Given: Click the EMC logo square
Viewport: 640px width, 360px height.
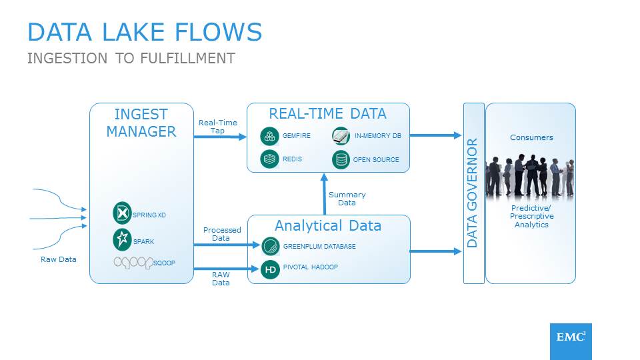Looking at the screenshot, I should click(x=571, y=341).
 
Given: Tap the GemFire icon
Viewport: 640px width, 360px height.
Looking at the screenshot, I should click(x=269, y=136).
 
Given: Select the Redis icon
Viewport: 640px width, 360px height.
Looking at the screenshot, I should click(x=269, y=159).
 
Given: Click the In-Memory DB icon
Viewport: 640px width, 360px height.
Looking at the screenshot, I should click(x=341, y=136).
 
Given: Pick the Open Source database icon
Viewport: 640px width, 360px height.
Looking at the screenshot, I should click(x=341, y=159).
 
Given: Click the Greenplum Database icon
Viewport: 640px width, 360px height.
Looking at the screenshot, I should click(x=270, y=246).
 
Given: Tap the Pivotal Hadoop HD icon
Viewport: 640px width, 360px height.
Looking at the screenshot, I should click(x=270, y=269).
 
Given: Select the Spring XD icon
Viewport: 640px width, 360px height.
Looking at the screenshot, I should click(x=122, y=213).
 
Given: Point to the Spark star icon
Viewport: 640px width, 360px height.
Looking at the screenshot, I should click(x=122, y=238).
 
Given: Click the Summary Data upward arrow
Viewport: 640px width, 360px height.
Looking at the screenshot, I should click(x=324, y=193).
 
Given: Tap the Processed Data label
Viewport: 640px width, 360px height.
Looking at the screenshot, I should click(x=221, y=234).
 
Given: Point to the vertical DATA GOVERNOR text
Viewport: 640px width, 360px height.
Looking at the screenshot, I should click(x=473, y=193).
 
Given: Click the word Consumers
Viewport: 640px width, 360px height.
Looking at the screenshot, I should click(x=531, y=137).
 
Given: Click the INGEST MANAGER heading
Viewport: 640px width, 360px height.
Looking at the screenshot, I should click(x=141, y=123).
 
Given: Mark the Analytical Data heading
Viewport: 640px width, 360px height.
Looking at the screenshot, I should click(x=328, y=225).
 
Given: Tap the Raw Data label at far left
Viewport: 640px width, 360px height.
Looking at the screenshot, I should click(x=59, y=259).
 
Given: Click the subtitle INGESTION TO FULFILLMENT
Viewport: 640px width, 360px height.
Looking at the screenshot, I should click(x=131, y=58).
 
